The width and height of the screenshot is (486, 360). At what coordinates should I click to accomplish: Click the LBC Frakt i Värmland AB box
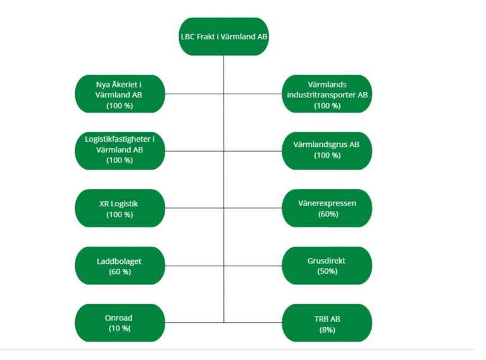pos(223,37)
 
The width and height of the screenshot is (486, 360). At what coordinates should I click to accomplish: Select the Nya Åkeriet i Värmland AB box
pos(120,94)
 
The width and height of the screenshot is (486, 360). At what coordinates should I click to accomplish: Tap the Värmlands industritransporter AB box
pos(327,94)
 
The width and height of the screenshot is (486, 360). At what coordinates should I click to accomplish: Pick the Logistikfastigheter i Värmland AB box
pos(120,151)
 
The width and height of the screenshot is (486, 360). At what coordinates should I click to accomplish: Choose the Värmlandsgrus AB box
pos(327,151)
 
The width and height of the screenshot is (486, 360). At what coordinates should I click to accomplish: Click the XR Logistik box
pos(120,208)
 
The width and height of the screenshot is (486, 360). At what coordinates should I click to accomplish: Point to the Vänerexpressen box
pos(327,208)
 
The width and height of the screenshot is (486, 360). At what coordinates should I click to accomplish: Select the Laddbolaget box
pos(120,266)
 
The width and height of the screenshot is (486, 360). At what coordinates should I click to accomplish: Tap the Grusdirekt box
pos(327,266)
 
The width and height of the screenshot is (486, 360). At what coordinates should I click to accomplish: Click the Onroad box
pos(120,323)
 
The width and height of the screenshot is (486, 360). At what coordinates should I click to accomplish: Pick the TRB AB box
pos(327,323)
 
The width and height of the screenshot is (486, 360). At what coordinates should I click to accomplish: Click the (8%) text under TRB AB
pos(327,330)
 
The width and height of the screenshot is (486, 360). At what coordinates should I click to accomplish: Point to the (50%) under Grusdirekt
pos(327,271)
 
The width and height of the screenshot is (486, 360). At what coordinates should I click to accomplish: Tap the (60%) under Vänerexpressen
pos(328,214)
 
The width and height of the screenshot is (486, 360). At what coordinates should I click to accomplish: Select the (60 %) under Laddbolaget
pos(120,271)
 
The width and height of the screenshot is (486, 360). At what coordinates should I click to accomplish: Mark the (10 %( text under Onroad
pos(120,328)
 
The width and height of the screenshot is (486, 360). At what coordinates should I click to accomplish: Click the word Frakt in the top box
pos(206,37)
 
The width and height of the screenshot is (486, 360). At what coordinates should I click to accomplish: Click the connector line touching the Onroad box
pos(194,323)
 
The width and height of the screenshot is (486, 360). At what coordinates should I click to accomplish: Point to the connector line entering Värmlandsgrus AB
pos(253,151)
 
